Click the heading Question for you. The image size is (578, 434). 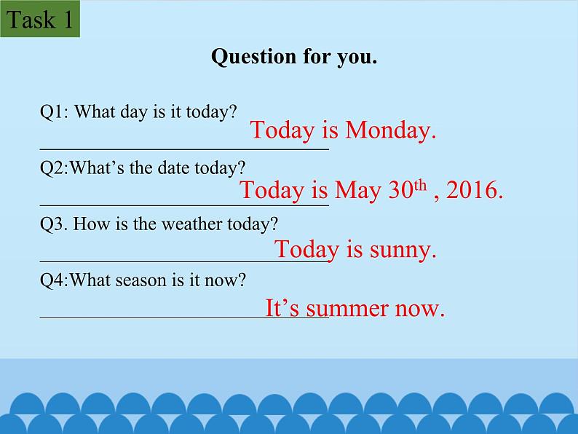(x=294, y=57)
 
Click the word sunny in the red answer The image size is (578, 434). (x=402, y=250)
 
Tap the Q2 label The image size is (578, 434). (x=53, y=168)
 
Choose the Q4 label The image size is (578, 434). (x=53, y=280)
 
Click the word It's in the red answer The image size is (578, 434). (x=282, y=308)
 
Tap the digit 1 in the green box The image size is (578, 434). (x=68, y=20)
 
